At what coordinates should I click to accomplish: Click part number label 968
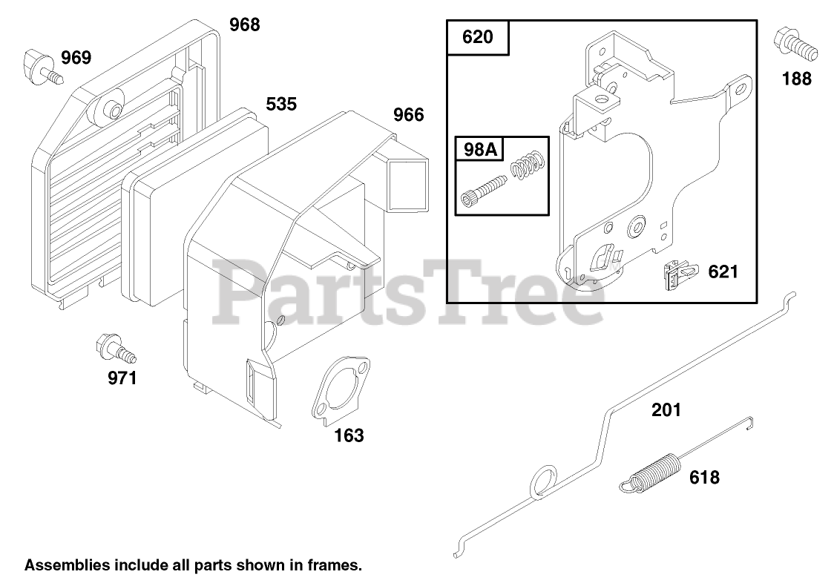click(x=244, y=24)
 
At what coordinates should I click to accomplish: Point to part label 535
click(x=281, y=103)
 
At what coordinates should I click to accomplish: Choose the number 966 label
click(x=408, y=115)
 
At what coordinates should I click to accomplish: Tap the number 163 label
click(x=349, y=435)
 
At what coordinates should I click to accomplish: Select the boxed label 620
click(x=477, y=37)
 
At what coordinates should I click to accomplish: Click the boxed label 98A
click(x=479, y=149)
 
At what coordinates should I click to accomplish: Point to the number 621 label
click(x=723, y=271)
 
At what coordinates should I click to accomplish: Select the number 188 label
click(x=797, y=79)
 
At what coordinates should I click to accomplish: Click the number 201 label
click(x=666, y=409)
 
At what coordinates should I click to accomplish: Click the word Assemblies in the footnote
click(x=62, y=565)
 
